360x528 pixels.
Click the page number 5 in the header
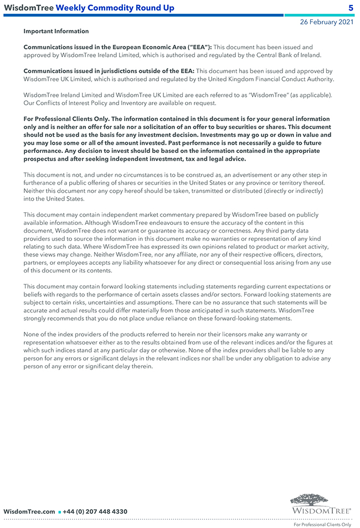coord(351,8)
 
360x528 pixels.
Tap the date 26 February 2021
coord(326,22)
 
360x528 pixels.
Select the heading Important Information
coord(56,32)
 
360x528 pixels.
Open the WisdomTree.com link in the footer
coord(29,511)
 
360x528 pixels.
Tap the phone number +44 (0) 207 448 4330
coord(95,511)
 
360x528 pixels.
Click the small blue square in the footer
coord(59,512)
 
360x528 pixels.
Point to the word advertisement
coord(250,175)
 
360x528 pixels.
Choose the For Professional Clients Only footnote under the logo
coord(322,524)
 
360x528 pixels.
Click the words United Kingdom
coord(234,79)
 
